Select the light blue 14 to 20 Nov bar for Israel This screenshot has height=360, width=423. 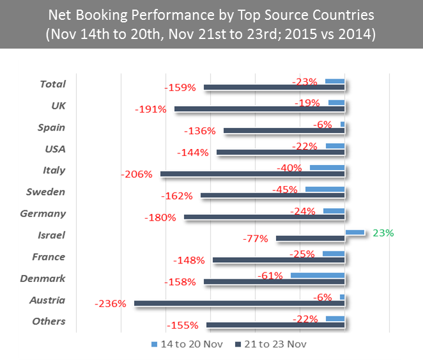(x=355, y=232)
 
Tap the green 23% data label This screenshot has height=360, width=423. (x=383, y=233)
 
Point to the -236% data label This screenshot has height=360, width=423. (x=110, y=304)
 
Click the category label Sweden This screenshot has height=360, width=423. (x=45, y=192)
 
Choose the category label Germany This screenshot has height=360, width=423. (x=43, y=214)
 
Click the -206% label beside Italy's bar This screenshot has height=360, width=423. (x=137, y=174)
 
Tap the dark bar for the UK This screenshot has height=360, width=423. (x=259, y=109)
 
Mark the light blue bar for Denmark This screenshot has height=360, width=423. (x=318, y=275)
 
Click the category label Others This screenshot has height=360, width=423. (x=49, y=321)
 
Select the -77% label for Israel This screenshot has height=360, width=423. (x=255, y=239)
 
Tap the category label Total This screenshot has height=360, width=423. (x=52, y=84)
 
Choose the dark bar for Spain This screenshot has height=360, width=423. (x=284, y=130)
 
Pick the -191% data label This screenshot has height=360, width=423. (x=151, y=109)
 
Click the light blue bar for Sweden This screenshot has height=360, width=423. (x=325, y=189)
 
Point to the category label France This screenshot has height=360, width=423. (x=49, y=256)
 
